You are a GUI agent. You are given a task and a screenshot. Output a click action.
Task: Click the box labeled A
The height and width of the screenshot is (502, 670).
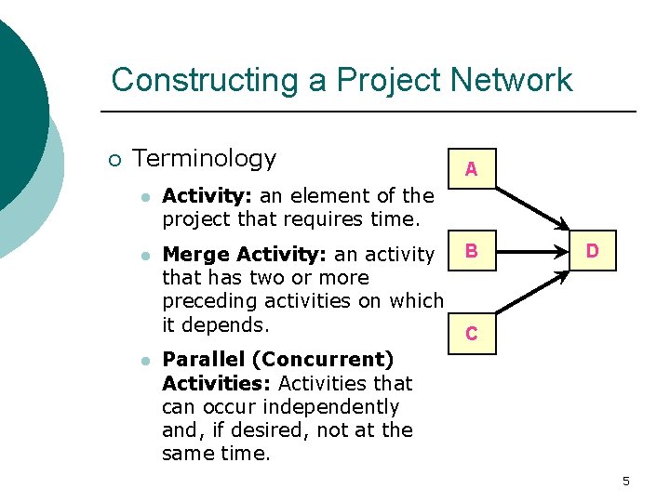point(472,168)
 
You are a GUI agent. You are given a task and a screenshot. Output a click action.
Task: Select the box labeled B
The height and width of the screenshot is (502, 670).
point(472,251)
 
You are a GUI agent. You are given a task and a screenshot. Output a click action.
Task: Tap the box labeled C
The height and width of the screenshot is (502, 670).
point(472,334)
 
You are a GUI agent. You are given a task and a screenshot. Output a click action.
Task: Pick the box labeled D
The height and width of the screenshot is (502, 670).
point(593,251)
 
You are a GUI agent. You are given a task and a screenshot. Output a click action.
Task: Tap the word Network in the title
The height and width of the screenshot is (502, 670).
point(511,80)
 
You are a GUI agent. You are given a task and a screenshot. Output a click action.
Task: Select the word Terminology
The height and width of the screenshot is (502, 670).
point(205,159)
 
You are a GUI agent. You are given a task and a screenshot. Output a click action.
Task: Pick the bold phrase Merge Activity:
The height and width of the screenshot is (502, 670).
point(245,255)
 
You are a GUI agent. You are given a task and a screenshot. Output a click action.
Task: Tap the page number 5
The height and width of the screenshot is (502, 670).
point(626,481)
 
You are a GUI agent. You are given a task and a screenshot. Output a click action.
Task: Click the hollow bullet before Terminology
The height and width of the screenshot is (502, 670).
point(114,160)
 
